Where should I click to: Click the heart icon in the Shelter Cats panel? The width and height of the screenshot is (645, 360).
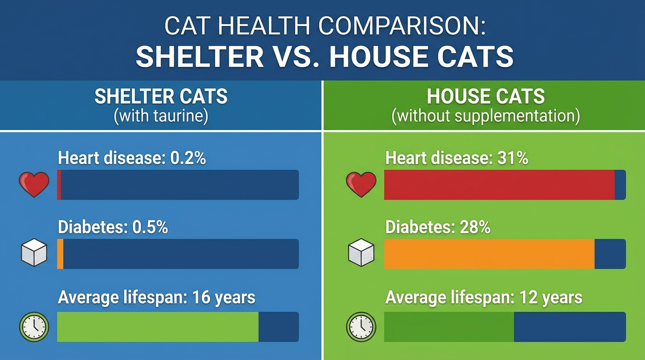[x=34, y=184]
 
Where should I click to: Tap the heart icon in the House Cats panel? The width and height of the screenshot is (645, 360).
[x=361, y=184]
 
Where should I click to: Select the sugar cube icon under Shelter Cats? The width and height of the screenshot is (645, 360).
[x=34, y=252]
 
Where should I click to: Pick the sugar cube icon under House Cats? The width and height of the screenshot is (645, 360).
[x=361, y=252]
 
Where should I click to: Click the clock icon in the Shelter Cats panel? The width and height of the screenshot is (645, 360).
[x=34, y=327]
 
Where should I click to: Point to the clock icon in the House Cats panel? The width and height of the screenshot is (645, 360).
[x=361, y=327]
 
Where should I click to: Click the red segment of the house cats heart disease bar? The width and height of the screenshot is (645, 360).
[x=499, y=185]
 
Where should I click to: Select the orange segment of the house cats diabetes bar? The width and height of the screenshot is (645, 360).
[x=489, y=254]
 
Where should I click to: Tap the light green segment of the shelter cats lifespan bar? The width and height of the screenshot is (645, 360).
[x=158, y=327]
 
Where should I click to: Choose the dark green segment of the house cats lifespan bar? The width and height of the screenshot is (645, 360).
[x=449, y=327]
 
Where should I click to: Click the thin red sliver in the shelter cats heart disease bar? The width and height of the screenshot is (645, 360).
[x=59, y=185]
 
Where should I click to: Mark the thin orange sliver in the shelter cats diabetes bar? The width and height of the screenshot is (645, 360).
[x=60, y=254]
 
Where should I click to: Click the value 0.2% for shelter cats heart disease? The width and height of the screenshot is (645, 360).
[x=188, y=158]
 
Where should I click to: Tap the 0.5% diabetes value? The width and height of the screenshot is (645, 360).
[x=150, y=227]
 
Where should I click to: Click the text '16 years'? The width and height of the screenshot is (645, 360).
[x=224, y=298]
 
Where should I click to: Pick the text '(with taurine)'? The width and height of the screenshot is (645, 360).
[x=161, y=116]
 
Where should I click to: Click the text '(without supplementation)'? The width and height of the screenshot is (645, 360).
[x=486, y=116]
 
